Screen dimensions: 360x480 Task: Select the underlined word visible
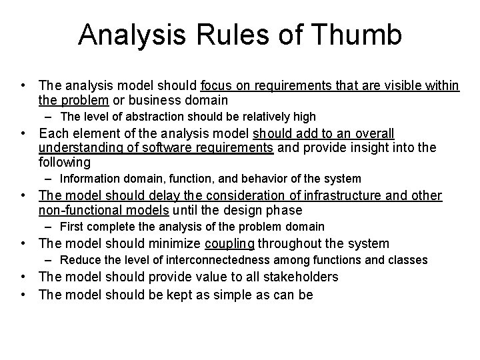click(385, 85)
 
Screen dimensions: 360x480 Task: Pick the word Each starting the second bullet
click(53, 133)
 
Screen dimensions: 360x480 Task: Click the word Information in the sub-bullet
click(89, 179)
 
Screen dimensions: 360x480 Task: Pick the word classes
click(409, 259)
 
